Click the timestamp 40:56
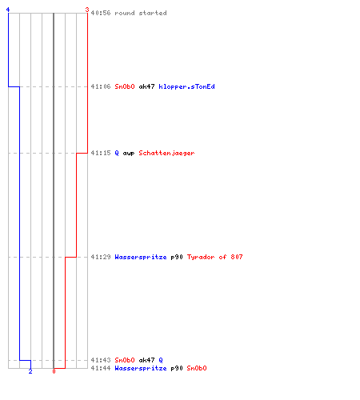pyautogui.click(x=101, y=13)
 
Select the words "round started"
pyautogui.click(x=141, y=13)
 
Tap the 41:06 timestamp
pyautogui.click(x=101, y=86)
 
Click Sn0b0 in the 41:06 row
pyautogui.click(x=125, y=86)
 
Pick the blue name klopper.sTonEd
pyautogui.click(x=186, y=86)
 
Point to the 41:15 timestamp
pyautogui.click(x=101, y=153)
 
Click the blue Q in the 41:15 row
pyautogui.click(x=117, y=153)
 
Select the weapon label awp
pyautogui.click(x=129, y=154)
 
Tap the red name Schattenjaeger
pyautogui.click(x=166, y=153)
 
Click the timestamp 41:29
pyautogui.click(x=101, y=257)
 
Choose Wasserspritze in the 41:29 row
pyautogui.click(x=141, y=257)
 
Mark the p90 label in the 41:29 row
pyautogui.click(x=177, y=257)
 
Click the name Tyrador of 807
pyautogui.click(x=214, y=257)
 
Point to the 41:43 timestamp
pyautogui.click(x=101, y=360)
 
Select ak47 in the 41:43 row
pyautogui.click(x=146, y=360)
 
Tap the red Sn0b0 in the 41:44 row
pyautogui.click(x=197, y=368)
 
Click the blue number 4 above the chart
pyautogui.click(x=8, y=10)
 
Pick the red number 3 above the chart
pyautogui.click(x=87, y=10)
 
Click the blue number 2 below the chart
pyautogui.click(x=30, y=371)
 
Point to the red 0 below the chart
pyautogui.click(x=54, y=371)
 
